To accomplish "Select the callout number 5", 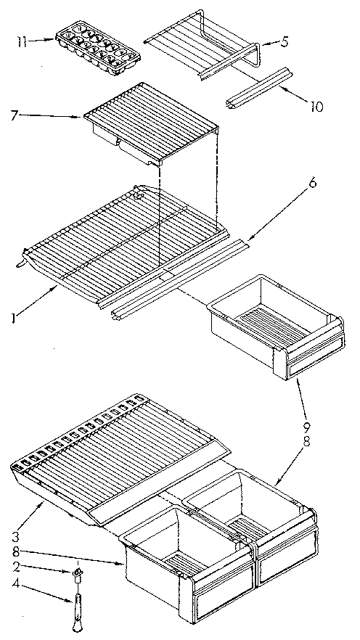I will [285, 41].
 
